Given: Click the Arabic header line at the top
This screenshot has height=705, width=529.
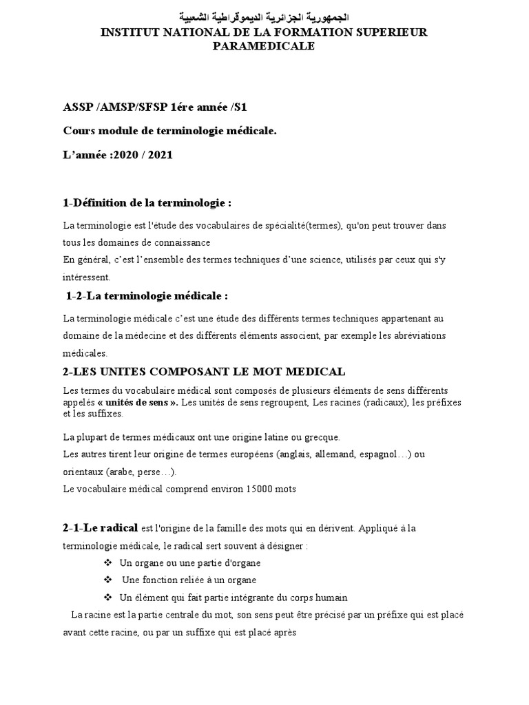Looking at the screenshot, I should pyautogui.click(x=264, y=16).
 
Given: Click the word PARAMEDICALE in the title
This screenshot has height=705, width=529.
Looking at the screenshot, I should pyautogui.click(x=264, y=46).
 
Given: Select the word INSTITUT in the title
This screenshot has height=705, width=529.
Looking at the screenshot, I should pyautogui.click(x=129, y=32).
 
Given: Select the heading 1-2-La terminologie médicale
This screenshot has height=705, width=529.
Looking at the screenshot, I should pyautogui.click(x=147, y=296).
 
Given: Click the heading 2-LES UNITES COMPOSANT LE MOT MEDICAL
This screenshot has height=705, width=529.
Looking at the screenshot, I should pyautogui.click(x=204, y=372).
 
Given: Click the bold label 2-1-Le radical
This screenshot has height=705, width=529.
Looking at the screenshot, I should pyautogui.click(x=101, y=528).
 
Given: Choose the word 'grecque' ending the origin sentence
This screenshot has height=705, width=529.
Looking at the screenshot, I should pyautogui.click(x=322, y=437).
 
